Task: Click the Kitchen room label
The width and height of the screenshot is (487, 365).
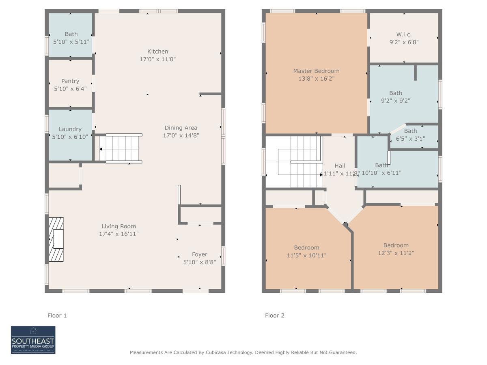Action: click(157, 52)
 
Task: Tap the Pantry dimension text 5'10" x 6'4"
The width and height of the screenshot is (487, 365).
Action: click(70, 89)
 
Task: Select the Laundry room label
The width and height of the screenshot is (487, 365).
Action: click(70, 129)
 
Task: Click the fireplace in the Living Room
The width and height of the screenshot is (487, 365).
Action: click(56, 239)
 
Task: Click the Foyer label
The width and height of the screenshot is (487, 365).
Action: click(199, 254)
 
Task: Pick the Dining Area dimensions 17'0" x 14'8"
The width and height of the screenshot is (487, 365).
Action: click(181, 135)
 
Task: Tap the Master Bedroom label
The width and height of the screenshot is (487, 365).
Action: click(316, 71)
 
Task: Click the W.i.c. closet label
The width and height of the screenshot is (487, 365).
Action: click(404, 34)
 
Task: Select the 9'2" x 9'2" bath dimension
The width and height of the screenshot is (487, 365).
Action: click(395, 101)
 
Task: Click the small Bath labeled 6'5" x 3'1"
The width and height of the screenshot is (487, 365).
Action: click(410, 131)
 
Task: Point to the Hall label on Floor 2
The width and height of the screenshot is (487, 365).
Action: click(340, 165)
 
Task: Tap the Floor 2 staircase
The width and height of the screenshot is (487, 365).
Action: click(300, 162)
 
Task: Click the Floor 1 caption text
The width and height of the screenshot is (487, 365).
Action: click(57, 315)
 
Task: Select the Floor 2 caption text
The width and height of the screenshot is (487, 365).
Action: click(275, 315)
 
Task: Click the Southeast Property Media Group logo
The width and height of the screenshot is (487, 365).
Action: click(33, 340)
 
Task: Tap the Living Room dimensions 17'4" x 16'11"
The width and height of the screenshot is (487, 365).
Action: click(119, 234)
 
